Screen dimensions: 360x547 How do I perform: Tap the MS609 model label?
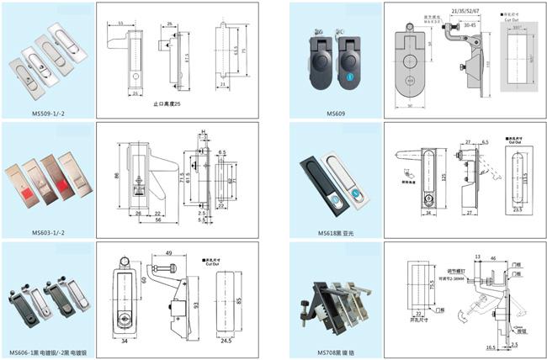point(335,112)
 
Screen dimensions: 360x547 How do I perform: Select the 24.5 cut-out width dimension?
point(225,342)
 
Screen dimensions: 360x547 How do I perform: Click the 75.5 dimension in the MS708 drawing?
point(404,287)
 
